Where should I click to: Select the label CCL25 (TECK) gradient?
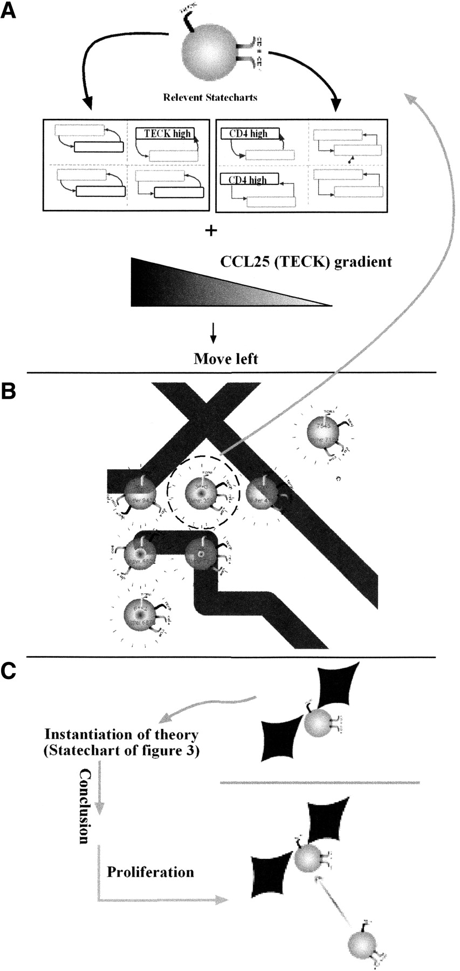tap(306, 263)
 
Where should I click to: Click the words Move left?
tap(226, 358)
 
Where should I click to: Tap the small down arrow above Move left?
tap(213, 336)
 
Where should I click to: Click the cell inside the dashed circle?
tap(201, 493)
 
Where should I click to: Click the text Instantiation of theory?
tap(121, 734)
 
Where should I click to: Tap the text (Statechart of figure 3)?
tap(121, 751)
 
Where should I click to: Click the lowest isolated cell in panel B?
tap(140, 614)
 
